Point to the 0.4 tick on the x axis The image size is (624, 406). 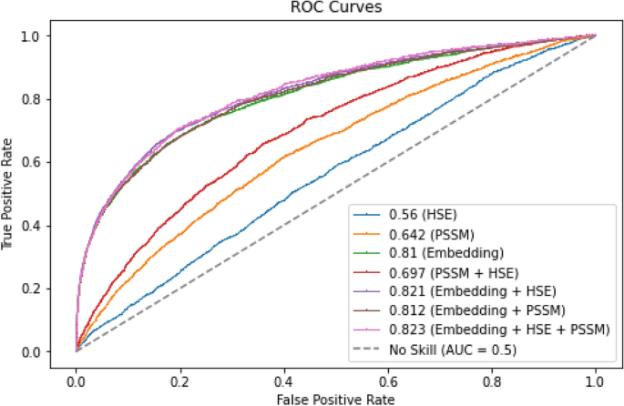pyautogui.click(x=284, y=375)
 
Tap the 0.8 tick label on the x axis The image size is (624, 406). pyautogui.click(x=492, y=375)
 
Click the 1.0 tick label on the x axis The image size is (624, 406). pyautogui.click(x=596, y=375)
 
